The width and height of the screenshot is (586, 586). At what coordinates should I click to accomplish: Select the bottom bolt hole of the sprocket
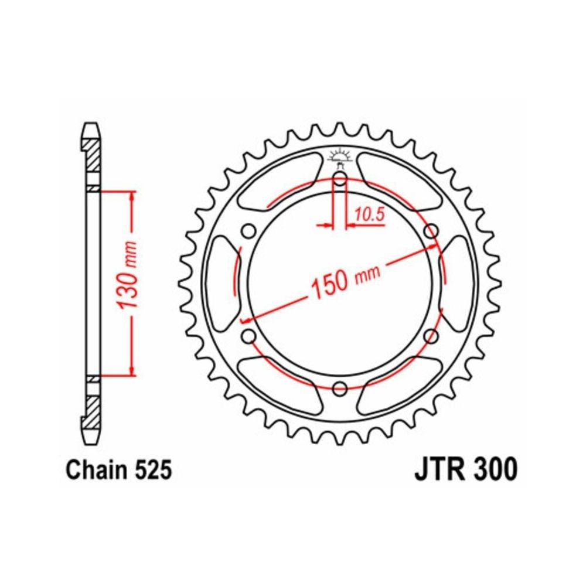pos(340,388)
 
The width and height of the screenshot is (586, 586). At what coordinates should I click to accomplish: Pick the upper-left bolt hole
pos(249,230)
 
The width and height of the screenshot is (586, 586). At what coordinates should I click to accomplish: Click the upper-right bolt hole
pos(431,230)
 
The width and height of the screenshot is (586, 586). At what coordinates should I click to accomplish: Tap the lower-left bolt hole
pos(249,336)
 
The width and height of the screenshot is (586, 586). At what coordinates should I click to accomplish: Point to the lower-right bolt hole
pos(431,336)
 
